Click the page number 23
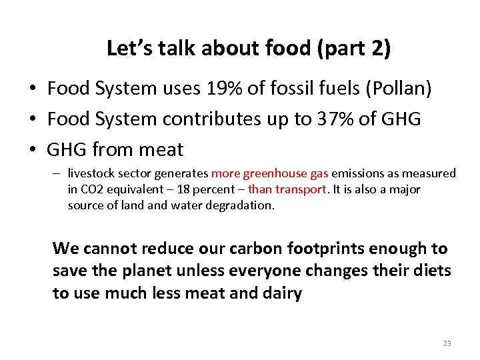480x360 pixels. [447, 343]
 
